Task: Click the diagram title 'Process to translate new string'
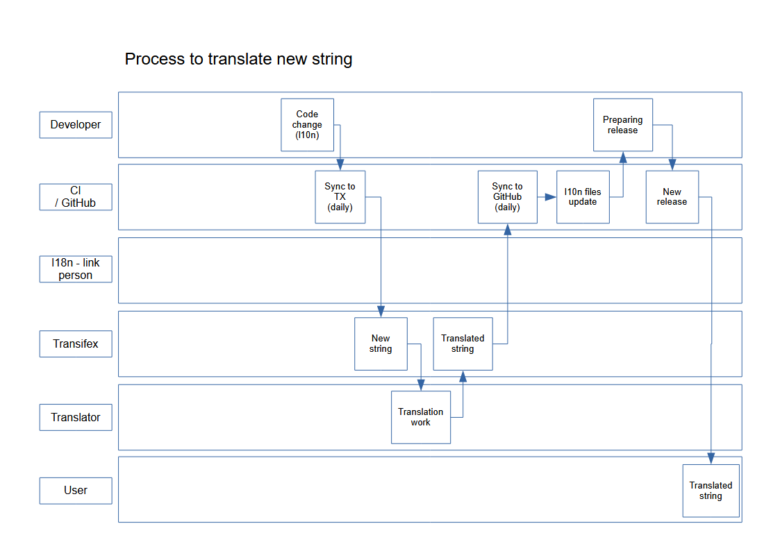[238, 59]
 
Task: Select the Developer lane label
[76, 125]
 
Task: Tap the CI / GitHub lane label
[76, 197]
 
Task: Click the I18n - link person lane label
[76, 269]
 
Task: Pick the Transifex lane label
[76, 344]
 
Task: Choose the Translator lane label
[76, 417]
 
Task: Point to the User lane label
[76, 490]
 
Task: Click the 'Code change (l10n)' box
[307, 125]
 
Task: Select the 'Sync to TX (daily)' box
[340, 197]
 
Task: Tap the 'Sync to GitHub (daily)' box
[507, 197]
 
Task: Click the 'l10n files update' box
[583, 197]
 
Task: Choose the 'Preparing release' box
[622, 125]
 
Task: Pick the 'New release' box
[672, 197]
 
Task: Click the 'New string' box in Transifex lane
[381, 344]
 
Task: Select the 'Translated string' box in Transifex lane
[463, 344]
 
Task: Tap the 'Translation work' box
[420, 417]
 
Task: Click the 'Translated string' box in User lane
[711, 491]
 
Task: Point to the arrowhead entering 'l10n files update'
[551, 197]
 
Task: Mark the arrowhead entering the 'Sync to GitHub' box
[507, 229]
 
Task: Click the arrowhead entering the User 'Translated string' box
[711, 459]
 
